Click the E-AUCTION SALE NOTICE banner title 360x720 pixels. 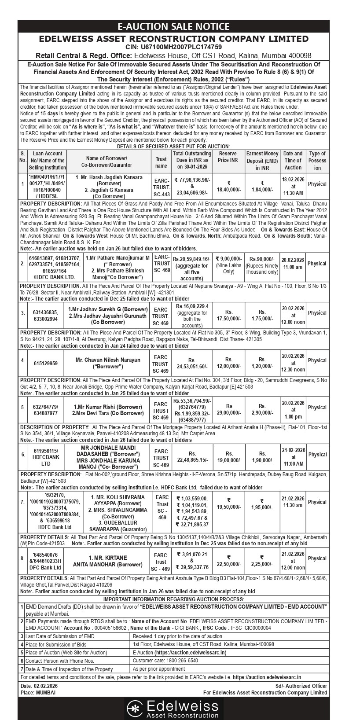pyautogui.click(x=180, y=27)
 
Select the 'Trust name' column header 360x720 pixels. pyautogui.click(x=162, y=160)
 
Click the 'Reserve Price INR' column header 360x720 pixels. pyautogui.click(x=228, y=157)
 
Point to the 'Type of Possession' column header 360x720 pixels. pyautogui.click(x=317, y=161)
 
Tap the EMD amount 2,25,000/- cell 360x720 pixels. pyautogui.click(x=262, y=564)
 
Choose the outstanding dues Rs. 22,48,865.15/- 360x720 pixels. pyautogui.click(x=192, y=457)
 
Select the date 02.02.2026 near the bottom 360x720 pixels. pyautogui.click(x=45, y=686)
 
